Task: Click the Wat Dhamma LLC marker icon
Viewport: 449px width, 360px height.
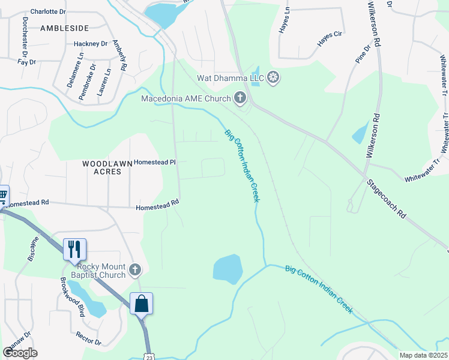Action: click(x=273, y=77)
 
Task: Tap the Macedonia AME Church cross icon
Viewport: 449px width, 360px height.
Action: click(x=240, y=98)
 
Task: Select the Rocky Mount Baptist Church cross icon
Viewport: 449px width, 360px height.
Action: click(x=135, y=270)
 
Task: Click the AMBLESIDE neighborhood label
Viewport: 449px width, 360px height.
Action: click(x=64, y=28)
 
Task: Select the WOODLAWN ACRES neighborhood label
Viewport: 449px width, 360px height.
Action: click(x=102, y=167)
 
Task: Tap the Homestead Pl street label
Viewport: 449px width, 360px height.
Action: click(x=154, y=162)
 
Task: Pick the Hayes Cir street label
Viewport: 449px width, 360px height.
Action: click(x=330, y=39)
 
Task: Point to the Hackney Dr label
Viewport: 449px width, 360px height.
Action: click(x=91, y=44)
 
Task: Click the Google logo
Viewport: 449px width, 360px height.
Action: click(x=20, y=353)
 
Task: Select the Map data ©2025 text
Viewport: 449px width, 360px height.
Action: click(x=423, y=355)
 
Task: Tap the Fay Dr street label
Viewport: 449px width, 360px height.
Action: click(x=28, y=62)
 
